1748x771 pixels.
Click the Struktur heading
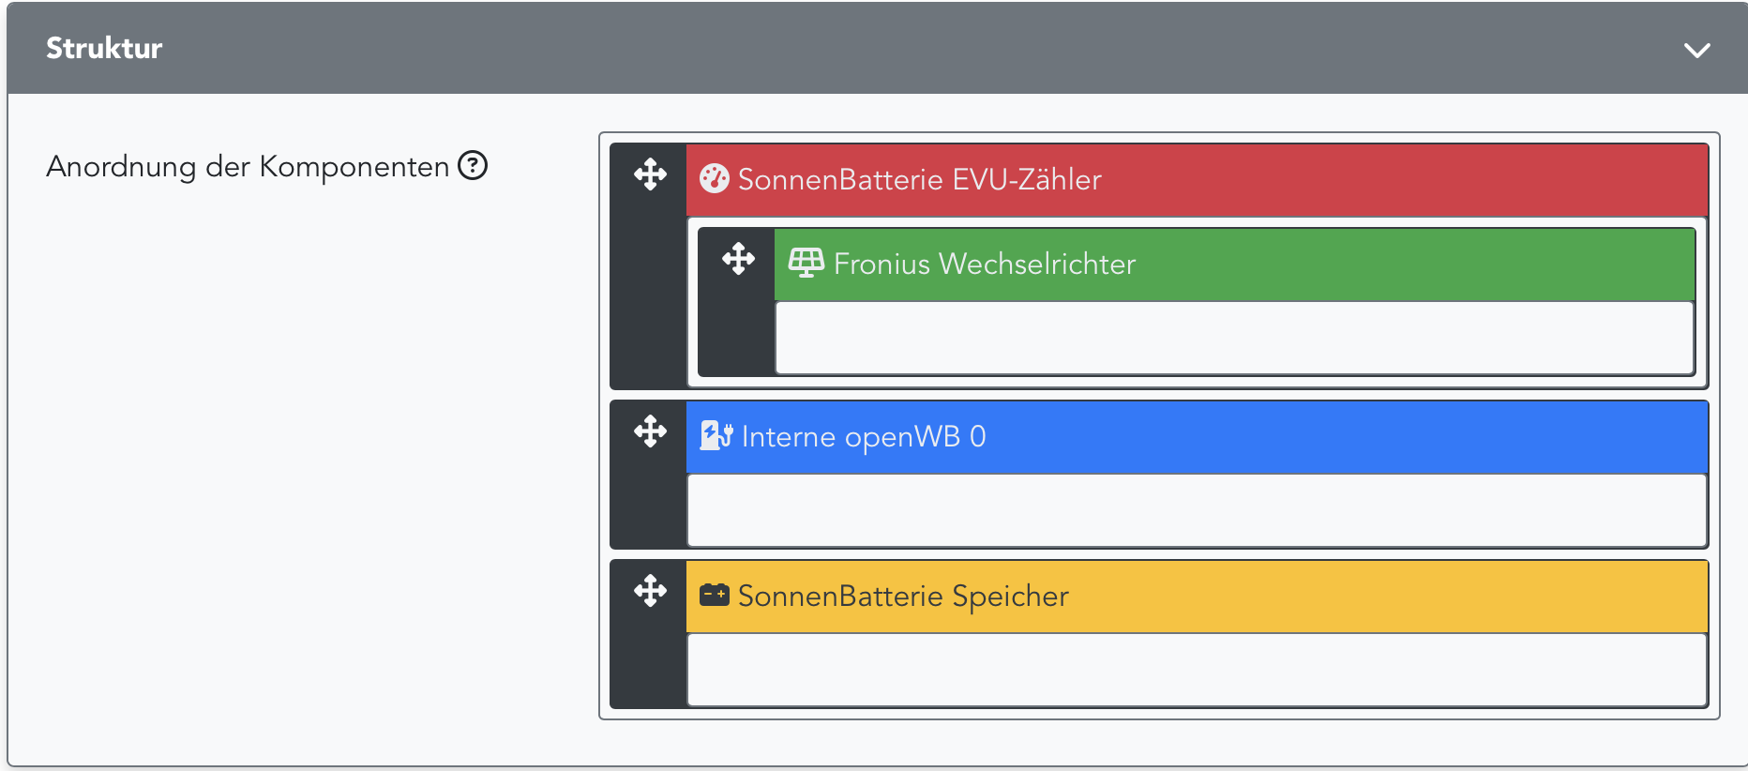tap(104, 48)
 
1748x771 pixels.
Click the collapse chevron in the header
tap(1696, 50)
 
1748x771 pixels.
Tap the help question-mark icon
tap(473, 166)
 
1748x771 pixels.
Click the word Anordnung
tap(121, 167)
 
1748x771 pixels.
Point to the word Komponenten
tap(354, 167)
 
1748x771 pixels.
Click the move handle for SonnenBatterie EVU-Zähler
tap(650, 174)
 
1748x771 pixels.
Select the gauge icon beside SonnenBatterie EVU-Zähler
tap(715, 178)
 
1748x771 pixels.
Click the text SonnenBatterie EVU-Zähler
tap(919, 179)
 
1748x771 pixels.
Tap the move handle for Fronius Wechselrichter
tap(738, 259)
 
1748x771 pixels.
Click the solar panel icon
tap(806, 264)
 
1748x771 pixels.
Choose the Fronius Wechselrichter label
tap(984, 264)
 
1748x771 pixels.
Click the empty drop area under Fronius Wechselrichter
tap(1234, 338)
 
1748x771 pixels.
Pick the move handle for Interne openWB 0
tap(650, 431)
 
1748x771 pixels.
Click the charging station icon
tap(716, 435)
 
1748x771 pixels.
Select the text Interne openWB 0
tap(863, 436)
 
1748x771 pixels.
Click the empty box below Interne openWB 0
tap(1197, 510)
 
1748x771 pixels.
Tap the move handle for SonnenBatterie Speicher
tap(650, 591)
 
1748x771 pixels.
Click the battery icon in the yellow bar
tap(715, 595)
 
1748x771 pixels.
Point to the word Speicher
tap(1010, 596)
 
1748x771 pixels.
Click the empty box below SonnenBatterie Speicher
tap(1197, 670)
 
